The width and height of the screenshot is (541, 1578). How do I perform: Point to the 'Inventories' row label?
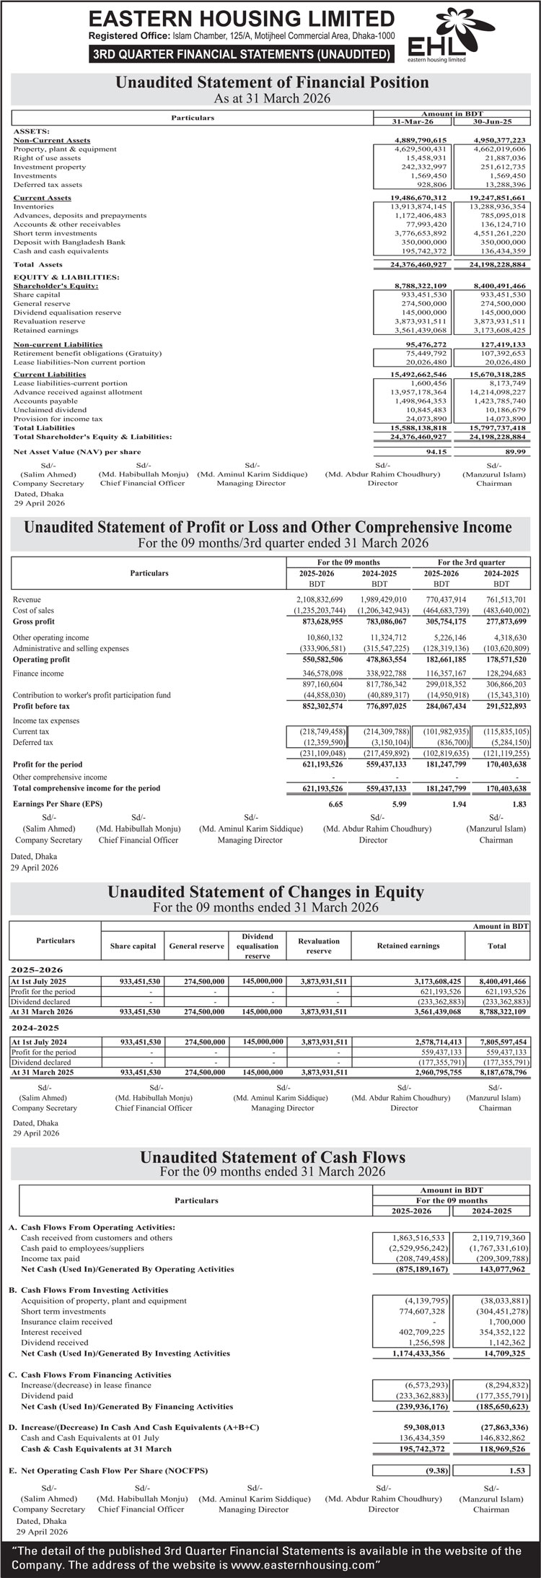click(33, 206)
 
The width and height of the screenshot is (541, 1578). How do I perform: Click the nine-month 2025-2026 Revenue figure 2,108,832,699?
click(320, 599)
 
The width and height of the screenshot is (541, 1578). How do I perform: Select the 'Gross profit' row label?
click(33, 622)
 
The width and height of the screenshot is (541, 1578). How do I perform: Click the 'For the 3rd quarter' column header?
click(471, 562)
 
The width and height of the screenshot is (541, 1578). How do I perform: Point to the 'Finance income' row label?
click(38, 674)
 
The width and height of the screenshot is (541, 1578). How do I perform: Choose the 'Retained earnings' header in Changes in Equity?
click(408, 946)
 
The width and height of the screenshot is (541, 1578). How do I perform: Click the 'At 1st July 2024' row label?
click(39, 1042)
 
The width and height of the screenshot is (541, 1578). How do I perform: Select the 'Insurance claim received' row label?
click(66, 1302)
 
